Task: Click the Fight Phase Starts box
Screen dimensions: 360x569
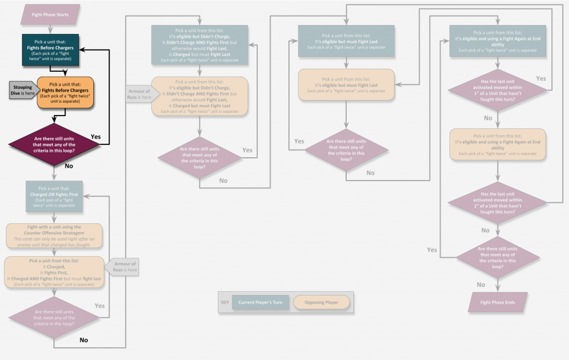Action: pos(51,14)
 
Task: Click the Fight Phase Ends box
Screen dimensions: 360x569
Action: pos(497,302)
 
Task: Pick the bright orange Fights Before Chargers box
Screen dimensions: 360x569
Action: pos(66,92)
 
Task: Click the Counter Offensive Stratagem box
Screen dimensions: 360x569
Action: pos(54,233)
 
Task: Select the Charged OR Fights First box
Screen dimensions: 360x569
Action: pos(54,197)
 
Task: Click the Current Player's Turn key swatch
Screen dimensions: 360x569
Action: pos(261,302)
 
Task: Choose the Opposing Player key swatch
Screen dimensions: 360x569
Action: pos(322,302)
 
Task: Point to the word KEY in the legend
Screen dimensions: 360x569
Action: pos(225,303)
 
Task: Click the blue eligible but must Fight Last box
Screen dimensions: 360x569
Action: pos(346,41)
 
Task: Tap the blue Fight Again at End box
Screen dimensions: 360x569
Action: pos(497,41)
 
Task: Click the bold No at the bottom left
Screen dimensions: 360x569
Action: pos(83,339)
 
